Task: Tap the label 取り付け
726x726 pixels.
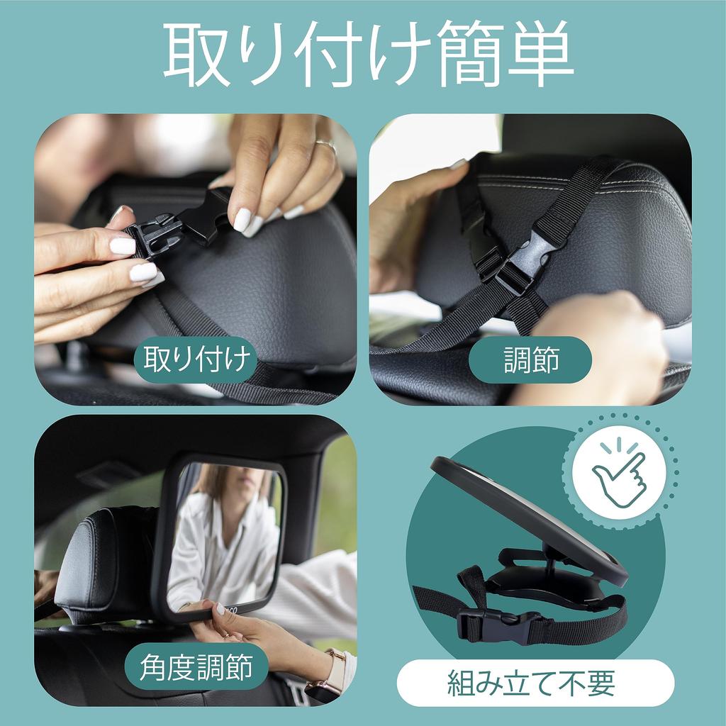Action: [x=198, y=360]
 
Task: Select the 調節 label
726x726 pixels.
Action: [x=530, y=360]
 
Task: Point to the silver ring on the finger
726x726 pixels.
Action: [x=325, y=146]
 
